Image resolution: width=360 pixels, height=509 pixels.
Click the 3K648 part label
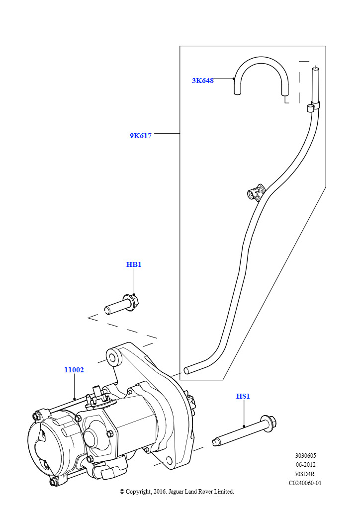click(202, 81)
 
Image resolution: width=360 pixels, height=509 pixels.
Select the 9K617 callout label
click(141, 136)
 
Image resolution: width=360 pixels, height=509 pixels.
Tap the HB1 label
click(134, 264)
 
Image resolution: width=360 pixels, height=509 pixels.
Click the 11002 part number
click(74, 370)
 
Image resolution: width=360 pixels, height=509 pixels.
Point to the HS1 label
click(243, 396)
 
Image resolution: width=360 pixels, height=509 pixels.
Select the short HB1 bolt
click(122, 304)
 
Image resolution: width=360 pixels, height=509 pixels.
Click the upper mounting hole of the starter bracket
click(112, 358)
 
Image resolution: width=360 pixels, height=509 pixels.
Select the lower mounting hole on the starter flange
click(169, 460)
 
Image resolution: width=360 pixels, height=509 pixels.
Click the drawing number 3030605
click(305, 455)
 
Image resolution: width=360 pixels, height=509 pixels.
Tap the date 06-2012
click(305, 465)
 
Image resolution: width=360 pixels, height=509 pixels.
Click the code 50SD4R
click(305, 474)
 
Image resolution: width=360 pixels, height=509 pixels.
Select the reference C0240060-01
click(305, 483)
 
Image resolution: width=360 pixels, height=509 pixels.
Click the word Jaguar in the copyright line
click(176, 492)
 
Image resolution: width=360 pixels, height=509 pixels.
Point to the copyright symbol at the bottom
click(122, 492)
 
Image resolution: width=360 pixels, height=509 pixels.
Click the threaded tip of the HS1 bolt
click(215, 442)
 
